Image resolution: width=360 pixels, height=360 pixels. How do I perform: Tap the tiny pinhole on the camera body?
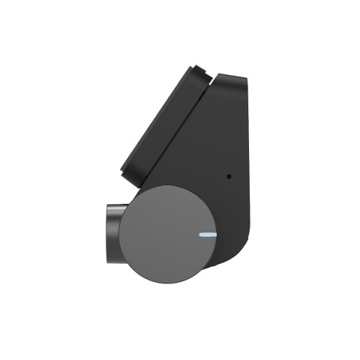[229, 178]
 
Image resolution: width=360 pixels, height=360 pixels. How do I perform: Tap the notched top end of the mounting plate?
[199, 71]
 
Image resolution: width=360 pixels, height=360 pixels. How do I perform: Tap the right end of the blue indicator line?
[216, 234]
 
